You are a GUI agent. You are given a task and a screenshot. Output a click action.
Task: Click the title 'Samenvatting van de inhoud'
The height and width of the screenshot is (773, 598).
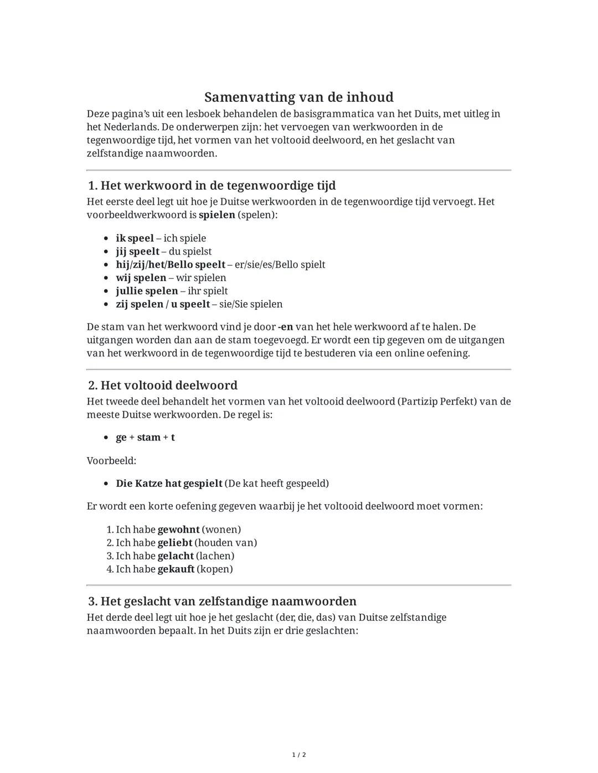coord(298,97)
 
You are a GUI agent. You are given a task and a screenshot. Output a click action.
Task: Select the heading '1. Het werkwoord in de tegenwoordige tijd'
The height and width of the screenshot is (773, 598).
coord(212,185)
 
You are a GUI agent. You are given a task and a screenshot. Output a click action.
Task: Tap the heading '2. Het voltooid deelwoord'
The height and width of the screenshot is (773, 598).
coord(163,385)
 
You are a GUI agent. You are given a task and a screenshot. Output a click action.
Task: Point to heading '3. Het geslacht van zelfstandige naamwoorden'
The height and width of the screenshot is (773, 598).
coord(222,601)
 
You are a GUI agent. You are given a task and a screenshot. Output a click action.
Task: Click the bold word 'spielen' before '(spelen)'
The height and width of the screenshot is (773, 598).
coord(217,215)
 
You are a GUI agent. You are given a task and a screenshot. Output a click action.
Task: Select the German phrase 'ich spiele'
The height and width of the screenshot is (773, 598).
coord(185,238)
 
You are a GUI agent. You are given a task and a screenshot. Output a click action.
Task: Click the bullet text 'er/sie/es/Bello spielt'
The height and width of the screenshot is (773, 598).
coord(280,264)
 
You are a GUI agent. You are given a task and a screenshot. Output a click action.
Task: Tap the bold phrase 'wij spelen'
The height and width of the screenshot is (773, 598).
coord(141,278)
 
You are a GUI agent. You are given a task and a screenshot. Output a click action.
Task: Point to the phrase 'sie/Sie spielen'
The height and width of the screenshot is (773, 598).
coord(251,304)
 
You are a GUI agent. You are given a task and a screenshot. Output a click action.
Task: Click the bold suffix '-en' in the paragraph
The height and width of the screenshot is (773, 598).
coord(286,327)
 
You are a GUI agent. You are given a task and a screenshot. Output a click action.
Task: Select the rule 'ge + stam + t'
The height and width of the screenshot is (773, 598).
coord(145,438)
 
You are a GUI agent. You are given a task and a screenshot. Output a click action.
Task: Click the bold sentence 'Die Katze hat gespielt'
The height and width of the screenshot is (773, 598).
coord(169,484)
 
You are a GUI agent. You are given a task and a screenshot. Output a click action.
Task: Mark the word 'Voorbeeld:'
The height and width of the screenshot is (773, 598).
coord(111,460)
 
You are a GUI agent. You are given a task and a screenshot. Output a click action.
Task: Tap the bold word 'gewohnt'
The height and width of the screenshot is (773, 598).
coord(178,530)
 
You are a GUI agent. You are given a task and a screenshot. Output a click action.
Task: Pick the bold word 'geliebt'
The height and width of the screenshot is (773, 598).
coord(176,543)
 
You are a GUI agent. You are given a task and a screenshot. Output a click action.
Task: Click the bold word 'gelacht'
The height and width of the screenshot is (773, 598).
coord(176,556)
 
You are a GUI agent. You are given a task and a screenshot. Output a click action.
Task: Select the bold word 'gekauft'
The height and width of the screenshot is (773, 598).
coord(176,569)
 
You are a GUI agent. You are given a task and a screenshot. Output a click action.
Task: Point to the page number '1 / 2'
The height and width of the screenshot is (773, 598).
coord(299,755)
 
